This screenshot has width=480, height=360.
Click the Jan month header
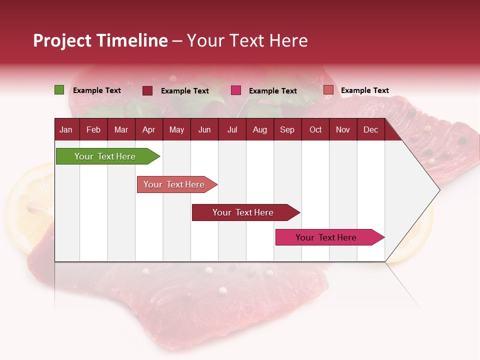66,129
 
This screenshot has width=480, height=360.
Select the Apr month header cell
148,129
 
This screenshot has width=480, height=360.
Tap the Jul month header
232,129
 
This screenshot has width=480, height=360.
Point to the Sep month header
287,129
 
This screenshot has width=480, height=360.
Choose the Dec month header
370,129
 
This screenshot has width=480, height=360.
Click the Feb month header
93,129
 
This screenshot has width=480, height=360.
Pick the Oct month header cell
315,129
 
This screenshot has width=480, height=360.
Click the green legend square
59,90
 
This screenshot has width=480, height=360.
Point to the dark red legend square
147,90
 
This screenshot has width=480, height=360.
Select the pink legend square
236,90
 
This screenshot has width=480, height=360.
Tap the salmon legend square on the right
328,90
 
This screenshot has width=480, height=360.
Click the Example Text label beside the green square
97,90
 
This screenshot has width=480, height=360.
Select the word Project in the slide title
62,40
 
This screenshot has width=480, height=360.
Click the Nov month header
343,129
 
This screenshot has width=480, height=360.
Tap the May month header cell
176,129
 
